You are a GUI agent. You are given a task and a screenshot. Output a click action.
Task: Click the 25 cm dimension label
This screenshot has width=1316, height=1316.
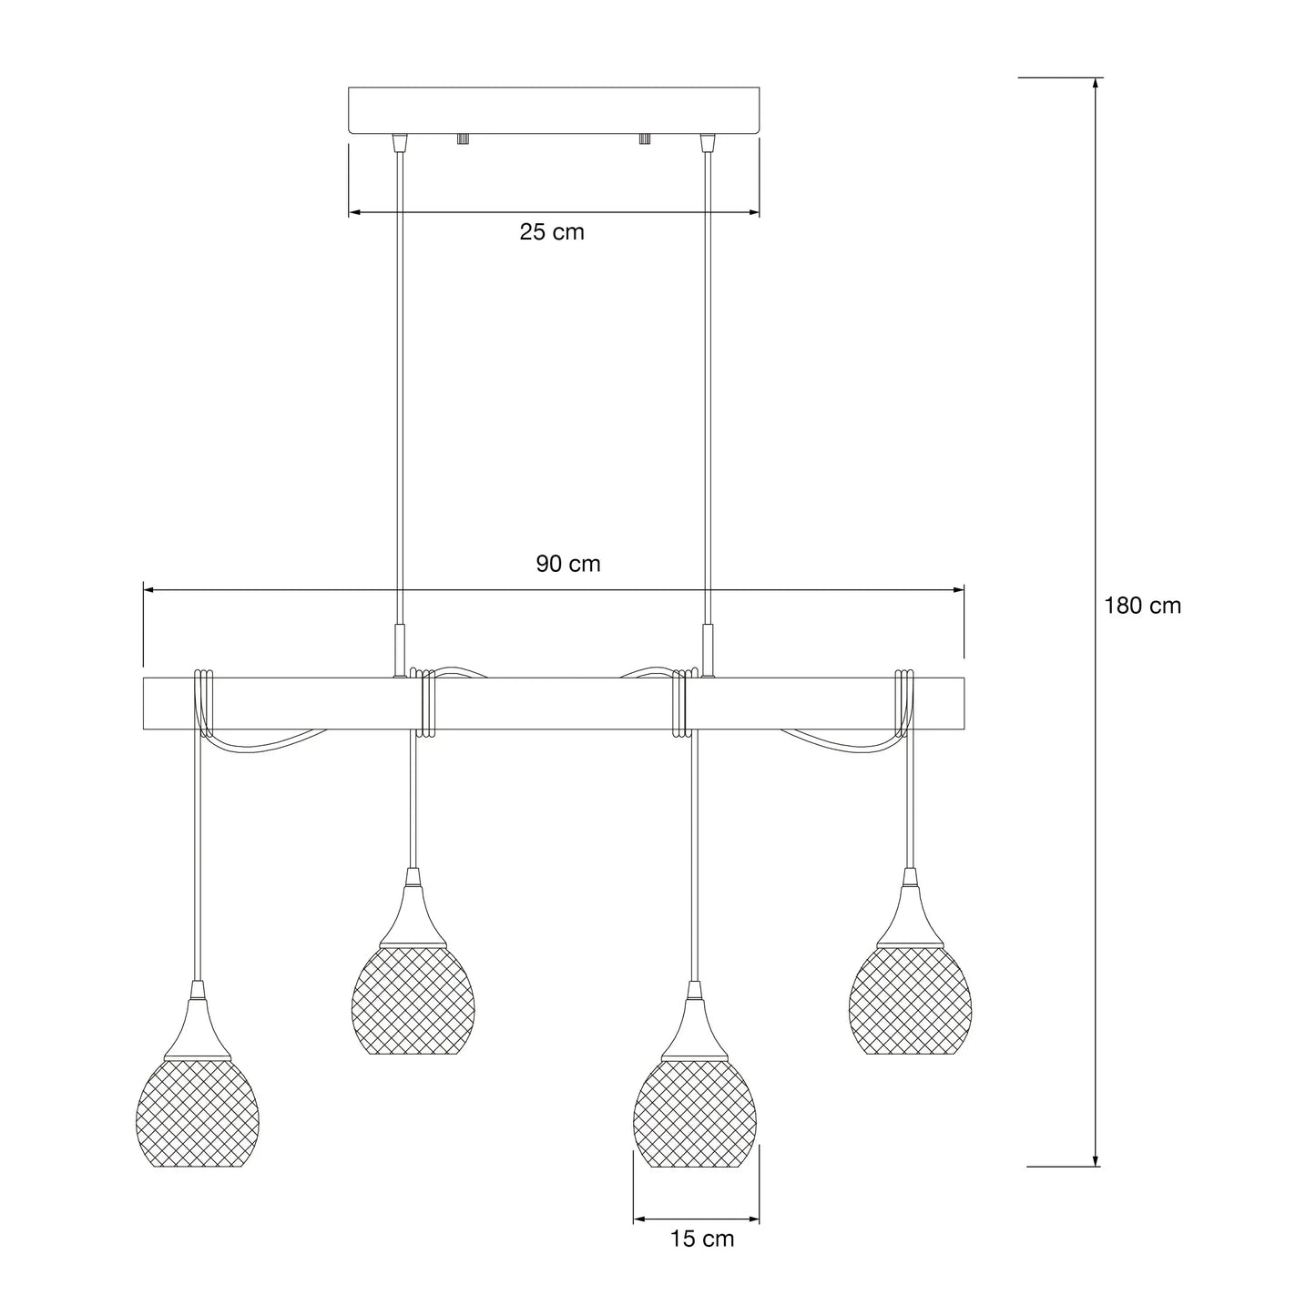pyautogui.click(x=552, y=232)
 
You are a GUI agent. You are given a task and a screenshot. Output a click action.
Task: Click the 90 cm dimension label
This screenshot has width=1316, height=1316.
pyautogui.click(x=567, y=564)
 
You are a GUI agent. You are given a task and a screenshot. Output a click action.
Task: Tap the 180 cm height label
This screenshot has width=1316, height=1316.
pyautogui.click(x=1142, y=606)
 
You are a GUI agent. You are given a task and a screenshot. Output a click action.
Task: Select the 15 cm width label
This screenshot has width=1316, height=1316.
pyautogui.click(x=701, y=1239)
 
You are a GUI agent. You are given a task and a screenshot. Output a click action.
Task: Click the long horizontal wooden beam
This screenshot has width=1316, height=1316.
pyautogui.click(x=554, y=703)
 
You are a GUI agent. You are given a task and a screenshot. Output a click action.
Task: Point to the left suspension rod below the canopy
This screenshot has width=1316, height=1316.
pyautogui.click(x=398, y=383)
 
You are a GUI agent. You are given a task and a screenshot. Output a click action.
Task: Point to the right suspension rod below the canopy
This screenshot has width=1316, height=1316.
pyautogui.click(x=706, y=383)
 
